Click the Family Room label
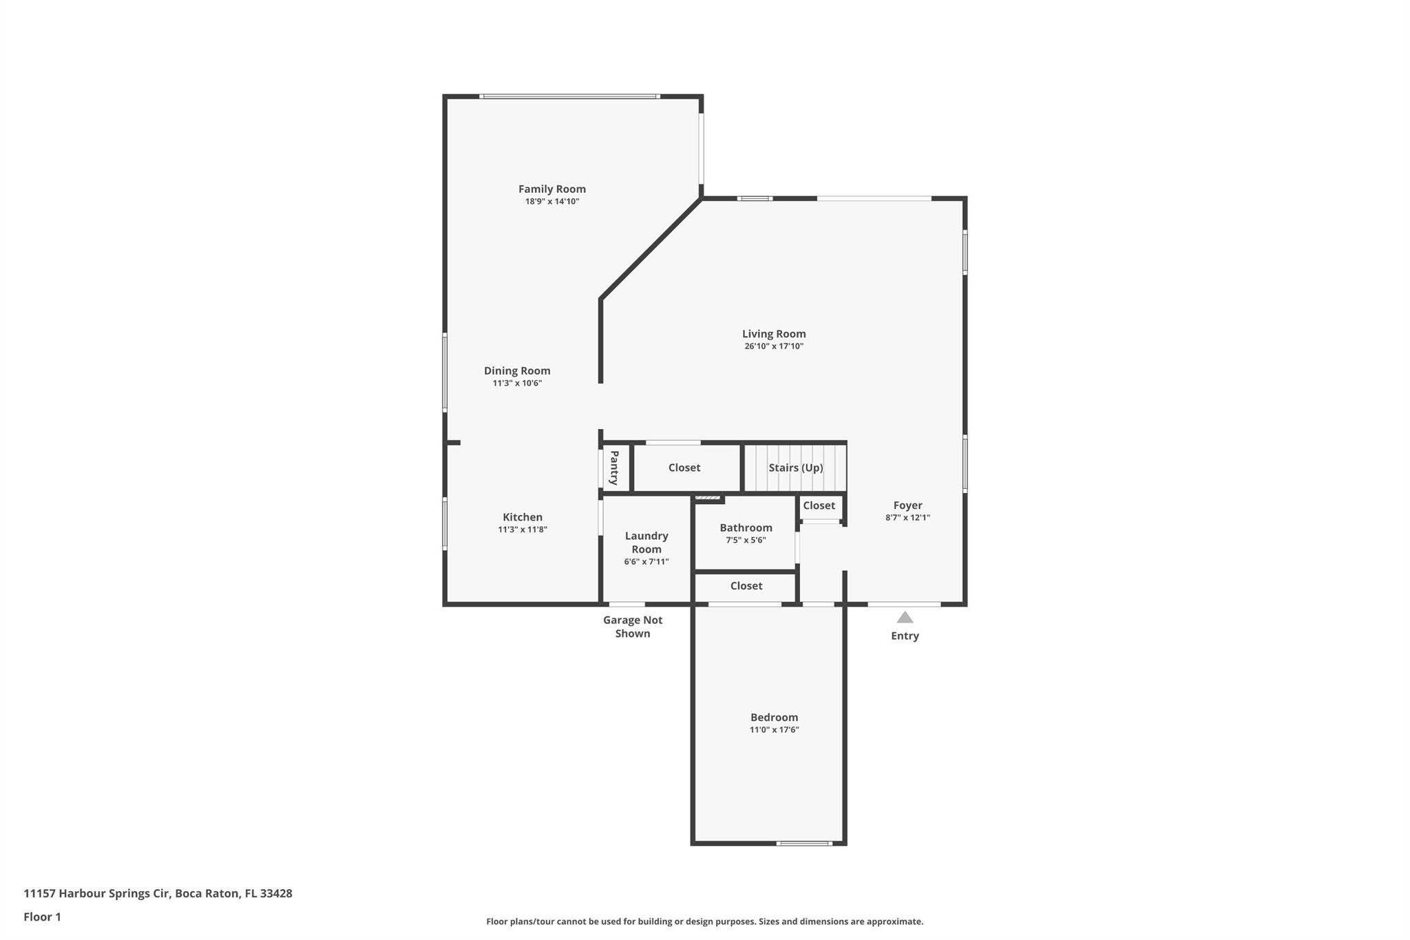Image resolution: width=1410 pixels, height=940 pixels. pyautogui.click(x=552, y=189)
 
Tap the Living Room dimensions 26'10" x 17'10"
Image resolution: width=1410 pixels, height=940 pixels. pyautogui.click(x=774, y=346)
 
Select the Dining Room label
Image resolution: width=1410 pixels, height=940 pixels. pyautogui.click(x=517, y=370)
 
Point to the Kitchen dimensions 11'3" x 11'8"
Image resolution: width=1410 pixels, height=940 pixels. pyautogui.click(x=523, y=530)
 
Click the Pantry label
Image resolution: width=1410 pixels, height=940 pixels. pyautogui.click(x=614, y=468)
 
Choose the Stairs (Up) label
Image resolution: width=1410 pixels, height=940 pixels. pyautogui.click(x=796, y=468)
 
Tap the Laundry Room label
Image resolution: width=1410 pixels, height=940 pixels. pyautogui.click(x=646, y=542)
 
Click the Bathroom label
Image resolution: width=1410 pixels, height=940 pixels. pyautogui.click(x=746, y=528)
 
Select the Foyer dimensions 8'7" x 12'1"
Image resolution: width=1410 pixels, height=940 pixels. pyautogui.click(x=907, y=518)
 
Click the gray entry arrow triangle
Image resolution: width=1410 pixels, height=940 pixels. pyautogui.click(x=905, y=617)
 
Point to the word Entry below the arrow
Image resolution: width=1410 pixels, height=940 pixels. pyautogui.click(x=905, y=636)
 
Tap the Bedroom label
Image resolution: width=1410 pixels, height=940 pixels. pyautogui.click(x=775, y=717)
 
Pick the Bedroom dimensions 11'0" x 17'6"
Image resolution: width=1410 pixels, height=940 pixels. pyautogui.click(x=775, y=730)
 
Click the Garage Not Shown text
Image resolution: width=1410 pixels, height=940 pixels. pyautogui.click(x=633, y=627)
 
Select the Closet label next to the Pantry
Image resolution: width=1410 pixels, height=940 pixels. pyautogui.click(x=684, y=468)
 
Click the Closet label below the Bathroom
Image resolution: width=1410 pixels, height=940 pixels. pyautogui.click(x=746, y=586)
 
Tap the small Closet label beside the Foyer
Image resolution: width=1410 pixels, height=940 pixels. pyautogui.click(x=819, y=505)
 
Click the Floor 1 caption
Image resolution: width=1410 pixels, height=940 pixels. pyautogui.click(x=43, y=917)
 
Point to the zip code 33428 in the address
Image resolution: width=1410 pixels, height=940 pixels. pyautogui.click(x=276, y=893)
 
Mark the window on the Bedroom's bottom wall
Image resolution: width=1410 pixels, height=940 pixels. pyautogui.click(x=804, y=843)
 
